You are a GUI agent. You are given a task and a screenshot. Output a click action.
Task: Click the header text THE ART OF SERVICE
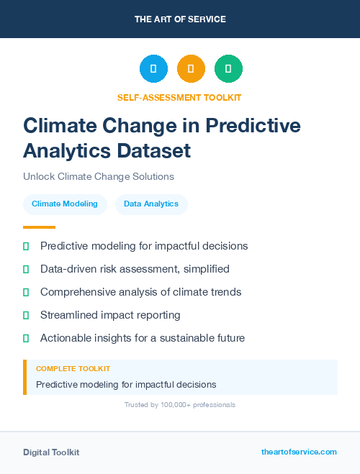(x=180, y=19)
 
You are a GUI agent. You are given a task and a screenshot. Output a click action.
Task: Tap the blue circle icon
(x=153, y=69)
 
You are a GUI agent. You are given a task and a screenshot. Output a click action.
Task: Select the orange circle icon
(x=191, y=69)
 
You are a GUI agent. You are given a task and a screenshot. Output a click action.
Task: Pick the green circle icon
(x=228, y=69)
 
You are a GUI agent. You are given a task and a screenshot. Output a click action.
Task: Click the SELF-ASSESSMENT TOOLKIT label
(x=179, y=97)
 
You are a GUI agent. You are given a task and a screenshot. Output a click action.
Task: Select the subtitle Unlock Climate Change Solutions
(x=99, y=176)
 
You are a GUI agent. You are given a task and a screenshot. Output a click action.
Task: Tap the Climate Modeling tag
(x=65, y=204)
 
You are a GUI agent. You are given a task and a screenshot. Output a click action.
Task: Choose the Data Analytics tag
(x=151, y=204)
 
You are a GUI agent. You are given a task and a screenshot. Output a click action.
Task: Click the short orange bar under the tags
(x=39, y=227)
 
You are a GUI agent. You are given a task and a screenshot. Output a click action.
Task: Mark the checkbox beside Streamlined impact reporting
(x=26, y=315)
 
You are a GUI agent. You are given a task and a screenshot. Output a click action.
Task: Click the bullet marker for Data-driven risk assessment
(x=26, y=269)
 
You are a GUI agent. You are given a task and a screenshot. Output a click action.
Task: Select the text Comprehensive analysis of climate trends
(x=140, y=292)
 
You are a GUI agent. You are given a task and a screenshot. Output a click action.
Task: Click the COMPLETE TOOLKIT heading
(x=73, y=368)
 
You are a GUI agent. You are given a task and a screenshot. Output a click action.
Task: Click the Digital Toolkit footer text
(x=51, y=452)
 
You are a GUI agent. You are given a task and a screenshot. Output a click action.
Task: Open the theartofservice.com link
(x=299, y=452)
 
